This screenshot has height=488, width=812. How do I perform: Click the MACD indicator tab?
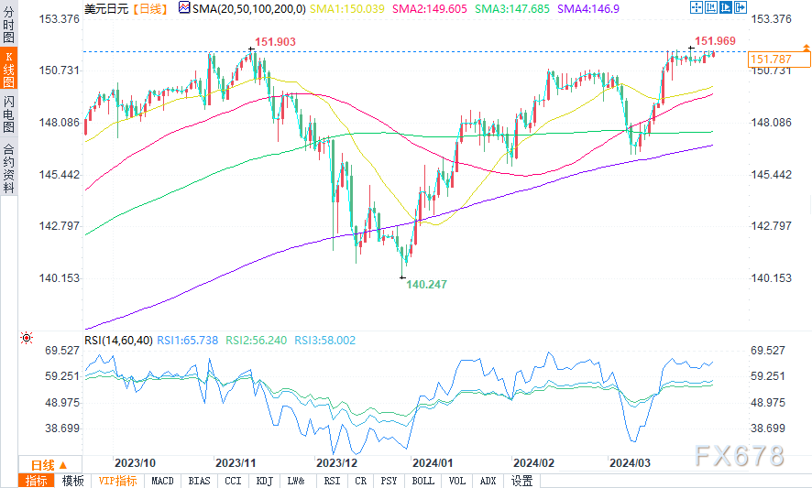[162, 481]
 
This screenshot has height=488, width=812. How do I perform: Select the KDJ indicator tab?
[264, 481]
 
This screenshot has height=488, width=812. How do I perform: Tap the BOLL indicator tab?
[422, 481]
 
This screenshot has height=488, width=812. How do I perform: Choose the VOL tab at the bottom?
[456, 481]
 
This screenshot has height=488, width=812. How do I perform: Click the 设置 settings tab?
[521, 481]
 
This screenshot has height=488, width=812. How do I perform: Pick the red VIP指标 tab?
[117, 481]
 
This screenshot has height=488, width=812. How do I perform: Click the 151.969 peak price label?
[715, 40]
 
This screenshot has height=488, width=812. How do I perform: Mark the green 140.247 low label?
[427, 285]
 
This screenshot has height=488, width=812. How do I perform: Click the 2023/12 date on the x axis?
[335, 462]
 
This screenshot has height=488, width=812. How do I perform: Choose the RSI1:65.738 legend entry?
[187, 340]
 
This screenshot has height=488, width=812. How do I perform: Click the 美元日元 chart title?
[106, 7]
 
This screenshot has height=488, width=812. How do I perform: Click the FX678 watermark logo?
[741, 455]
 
